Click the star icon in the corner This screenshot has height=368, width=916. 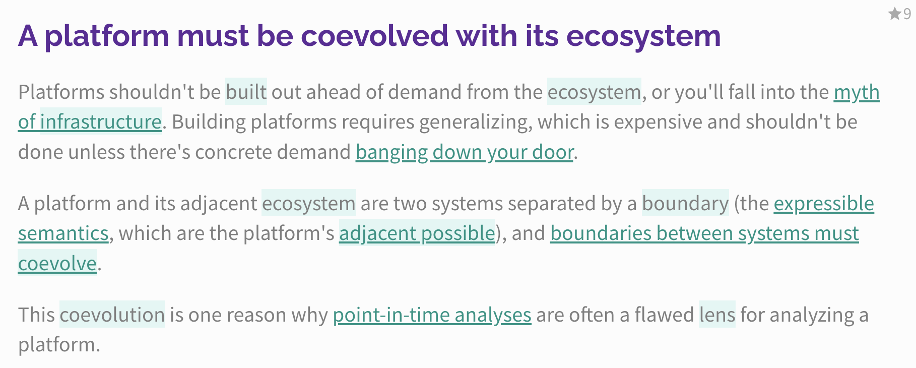[x=895, y=14]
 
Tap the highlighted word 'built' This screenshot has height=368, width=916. [x=246, y=92]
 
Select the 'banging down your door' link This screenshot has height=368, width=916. [x=465, y=152]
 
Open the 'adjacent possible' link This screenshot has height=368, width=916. [x=417, y=233]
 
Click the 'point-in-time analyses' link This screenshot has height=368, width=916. [x=432, y=315]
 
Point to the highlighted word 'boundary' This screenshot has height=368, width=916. [x=685, y=204]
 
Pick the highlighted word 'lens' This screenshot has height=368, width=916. [x=717, y=315]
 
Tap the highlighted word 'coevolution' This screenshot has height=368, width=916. [x=112, y=315]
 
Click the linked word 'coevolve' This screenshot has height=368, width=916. [x=57, y=263]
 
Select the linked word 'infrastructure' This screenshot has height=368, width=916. [x=101, y=122]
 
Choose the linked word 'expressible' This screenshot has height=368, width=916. [x=824, y=204]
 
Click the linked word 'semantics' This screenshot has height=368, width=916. [x=63, y=233]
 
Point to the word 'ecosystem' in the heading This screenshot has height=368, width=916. [x=643, y=37]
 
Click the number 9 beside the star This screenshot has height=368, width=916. [x=907, y=14]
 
